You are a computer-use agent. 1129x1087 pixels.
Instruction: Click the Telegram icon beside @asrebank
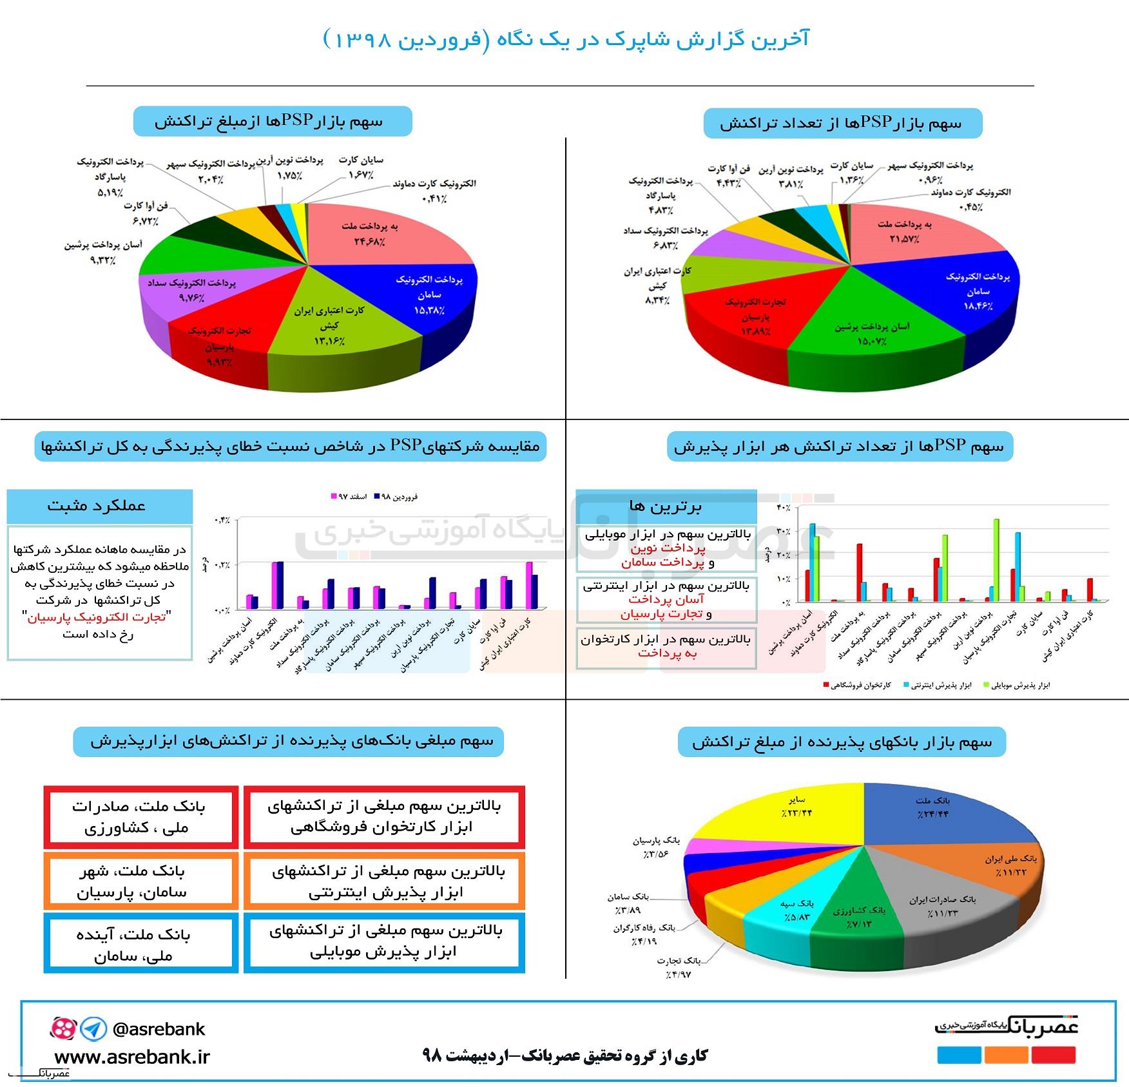94,1029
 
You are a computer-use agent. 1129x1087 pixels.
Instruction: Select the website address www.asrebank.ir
132,1057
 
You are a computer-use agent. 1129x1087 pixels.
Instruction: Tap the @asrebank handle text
159,1029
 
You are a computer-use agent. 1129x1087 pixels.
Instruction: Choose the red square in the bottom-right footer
1053,1055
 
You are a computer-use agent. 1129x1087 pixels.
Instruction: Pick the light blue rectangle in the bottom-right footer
959,1055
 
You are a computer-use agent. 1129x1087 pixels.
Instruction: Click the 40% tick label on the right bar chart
783,508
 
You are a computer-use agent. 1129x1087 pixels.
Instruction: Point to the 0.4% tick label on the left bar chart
221,519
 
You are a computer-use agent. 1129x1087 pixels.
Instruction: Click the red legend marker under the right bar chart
826,684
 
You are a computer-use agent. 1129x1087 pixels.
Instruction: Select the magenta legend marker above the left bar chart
334,496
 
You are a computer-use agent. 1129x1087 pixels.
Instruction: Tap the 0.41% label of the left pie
434,198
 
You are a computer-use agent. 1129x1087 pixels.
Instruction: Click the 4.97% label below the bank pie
679,975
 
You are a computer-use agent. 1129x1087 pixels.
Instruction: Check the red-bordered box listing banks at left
141,816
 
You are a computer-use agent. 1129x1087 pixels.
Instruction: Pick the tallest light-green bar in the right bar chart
996,561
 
